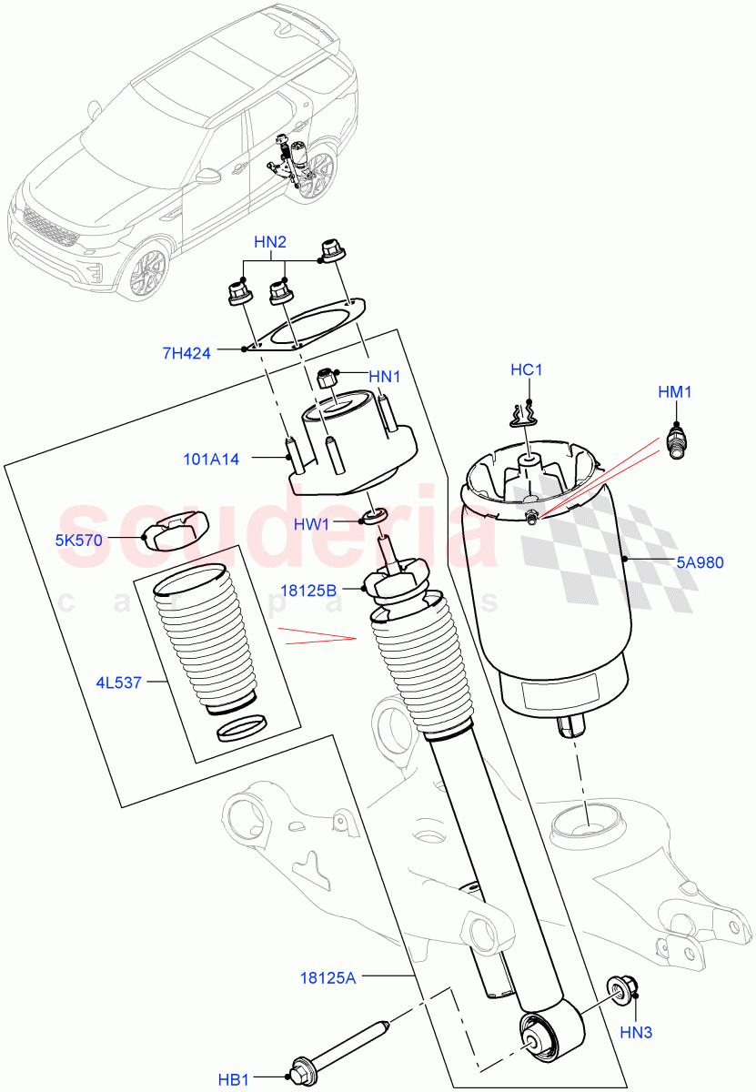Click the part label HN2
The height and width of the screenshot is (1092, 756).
click(x=270, y=242)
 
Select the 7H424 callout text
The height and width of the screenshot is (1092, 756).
click(x=186, y=353)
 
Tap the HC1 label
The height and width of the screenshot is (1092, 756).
click(x=526, y=370)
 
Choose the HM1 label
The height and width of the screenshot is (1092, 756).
click(x=676, y=392)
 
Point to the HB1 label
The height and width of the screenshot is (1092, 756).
click(x=234, y=1079)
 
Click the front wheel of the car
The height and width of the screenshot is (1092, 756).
click(x=146, y=270)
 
